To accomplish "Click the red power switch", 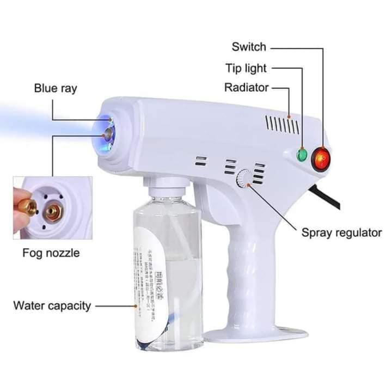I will pos(321,158).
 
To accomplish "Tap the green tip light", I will pos(302,155).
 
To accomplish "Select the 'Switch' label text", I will pos(249,46).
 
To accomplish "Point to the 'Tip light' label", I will pos(246,68).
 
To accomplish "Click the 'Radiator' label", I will pos(247,88).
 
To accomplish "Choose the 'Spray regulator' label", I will pos(341,233).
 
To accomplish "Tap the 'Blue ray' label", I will pos(56,88).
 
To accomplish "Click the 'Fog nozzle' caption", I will pos(51,253).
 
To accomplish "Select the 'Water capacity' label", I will pos(52,305).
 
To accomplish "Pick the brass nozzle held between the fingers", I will pos(28,206).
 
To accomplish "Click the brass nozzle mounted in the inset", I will pos(53,210).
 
